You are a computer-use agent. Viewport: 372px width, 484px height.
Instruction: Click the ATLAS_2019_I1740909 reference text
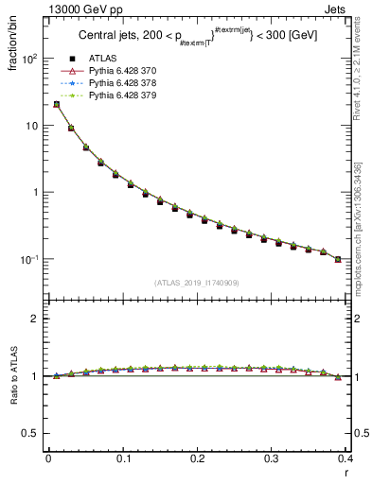[x=196, y=283]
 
